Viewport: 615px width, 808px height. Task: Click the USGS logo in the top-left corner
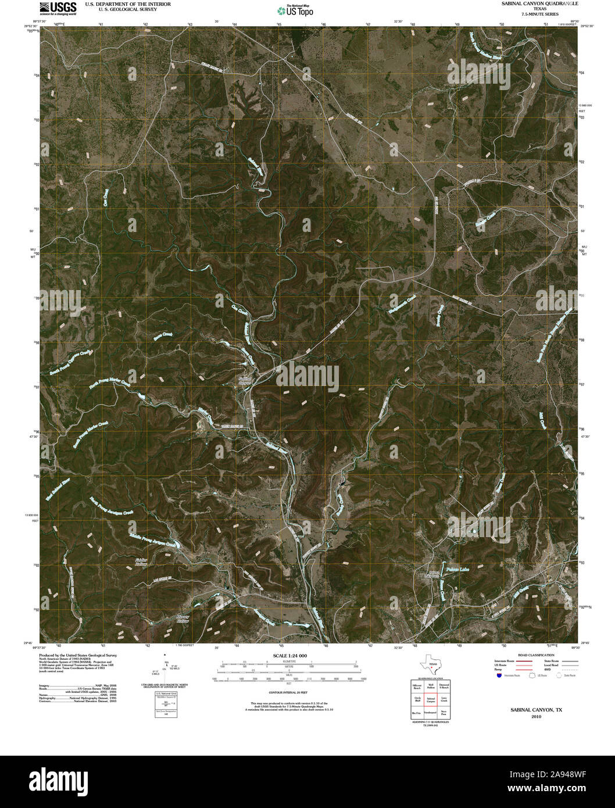[x=58, y=8]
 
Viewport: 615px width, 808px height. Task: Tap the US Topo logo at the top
[x=295, y=10]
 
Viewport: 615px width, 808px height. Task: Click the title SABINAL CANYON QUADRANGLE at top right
[x=531, y=3]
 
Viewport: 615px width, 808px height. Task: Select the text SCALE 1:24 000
[x=287, y=656]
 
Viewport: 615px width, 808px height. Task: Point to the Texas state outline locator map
[x=431, y=665]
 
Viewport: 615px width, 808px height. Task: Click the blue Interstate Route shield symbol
[x=499, y=675]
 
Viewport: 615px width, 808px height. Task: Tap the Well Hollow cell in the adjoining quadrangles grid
[x=431, y=687]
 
